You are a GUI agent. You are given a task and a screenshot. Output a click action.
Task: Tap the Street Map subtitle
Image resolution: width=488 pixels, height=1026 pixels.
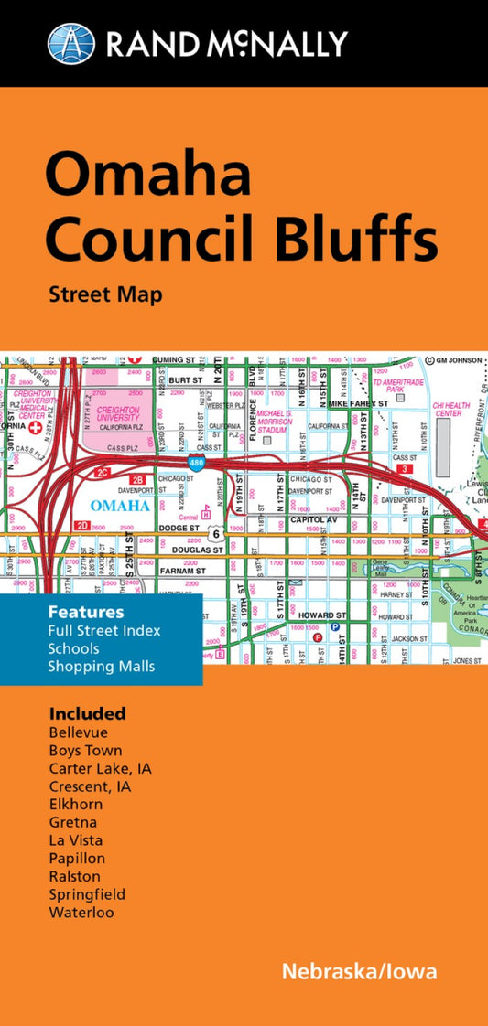point(105,294)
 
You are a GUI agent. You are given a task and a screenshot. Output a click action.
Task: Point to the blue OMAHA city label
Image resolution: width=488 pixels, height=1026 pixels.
point(121,506)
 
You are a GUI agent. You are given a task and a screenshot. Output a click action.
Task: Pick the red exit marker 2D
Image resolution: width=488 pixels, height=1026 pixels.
point(82,526)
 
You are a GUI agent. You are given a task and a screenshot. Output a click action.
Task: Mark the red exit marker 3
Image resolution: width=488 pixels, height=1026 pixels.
point(404,469)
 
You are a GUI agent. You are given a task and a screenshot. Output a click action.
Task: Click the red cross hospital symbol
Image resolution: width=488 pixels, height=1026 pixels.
point(36,427)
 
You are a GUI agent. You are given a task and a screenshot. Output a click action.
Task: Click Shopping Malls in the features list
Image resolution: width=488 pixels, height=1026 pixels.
point(102,667)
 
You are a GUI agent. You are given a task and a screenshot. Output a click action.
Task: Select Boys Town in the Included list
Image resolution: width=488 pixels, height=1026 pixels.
point(85,751)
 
